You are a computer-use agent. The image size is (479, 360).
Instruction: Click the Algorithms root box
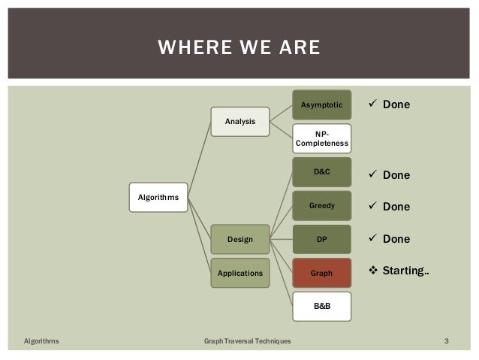tap(158, 197)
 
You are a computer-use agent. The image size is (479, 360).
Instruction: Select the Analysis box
tap(239, 120)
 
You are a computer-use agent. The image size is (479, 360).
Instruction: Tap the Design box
tap(239, 239)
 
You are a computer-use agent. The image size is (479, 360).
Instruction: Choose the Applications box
tap(239, 274)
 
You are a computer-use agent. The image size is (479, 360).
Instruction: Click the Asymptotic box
tap(321, 104)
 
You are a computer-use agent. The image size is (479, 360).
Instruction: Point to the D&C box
tap(321, 172)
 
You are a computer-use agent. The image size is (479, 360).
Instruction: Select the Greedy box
tap(321, 205)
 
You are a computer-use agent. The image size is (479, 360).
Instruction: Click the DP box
tap(321, 239)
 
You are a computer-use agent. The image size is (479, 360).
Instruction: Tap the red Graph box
tap(321, 274)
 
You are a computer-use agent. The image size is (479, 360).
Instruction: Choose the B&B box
tap(321, 307)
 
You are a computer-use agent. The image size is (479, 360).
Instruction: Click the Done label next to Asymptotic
tap(396, 104)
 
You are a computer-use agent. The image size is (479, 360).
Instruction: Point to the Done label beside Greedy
tap(396, 207)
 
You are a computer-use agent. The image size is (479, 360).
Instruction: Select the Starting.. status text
tap(405, 271)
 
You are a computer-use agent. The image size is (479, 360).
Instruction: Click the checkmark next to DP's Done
tap(369, 239)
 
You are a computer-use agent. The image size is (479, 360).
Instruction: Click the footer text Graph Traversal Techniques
tap(247, 342)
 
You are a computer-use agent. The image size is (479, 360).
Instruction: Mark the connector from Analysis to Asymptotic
tap(280, 112)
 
